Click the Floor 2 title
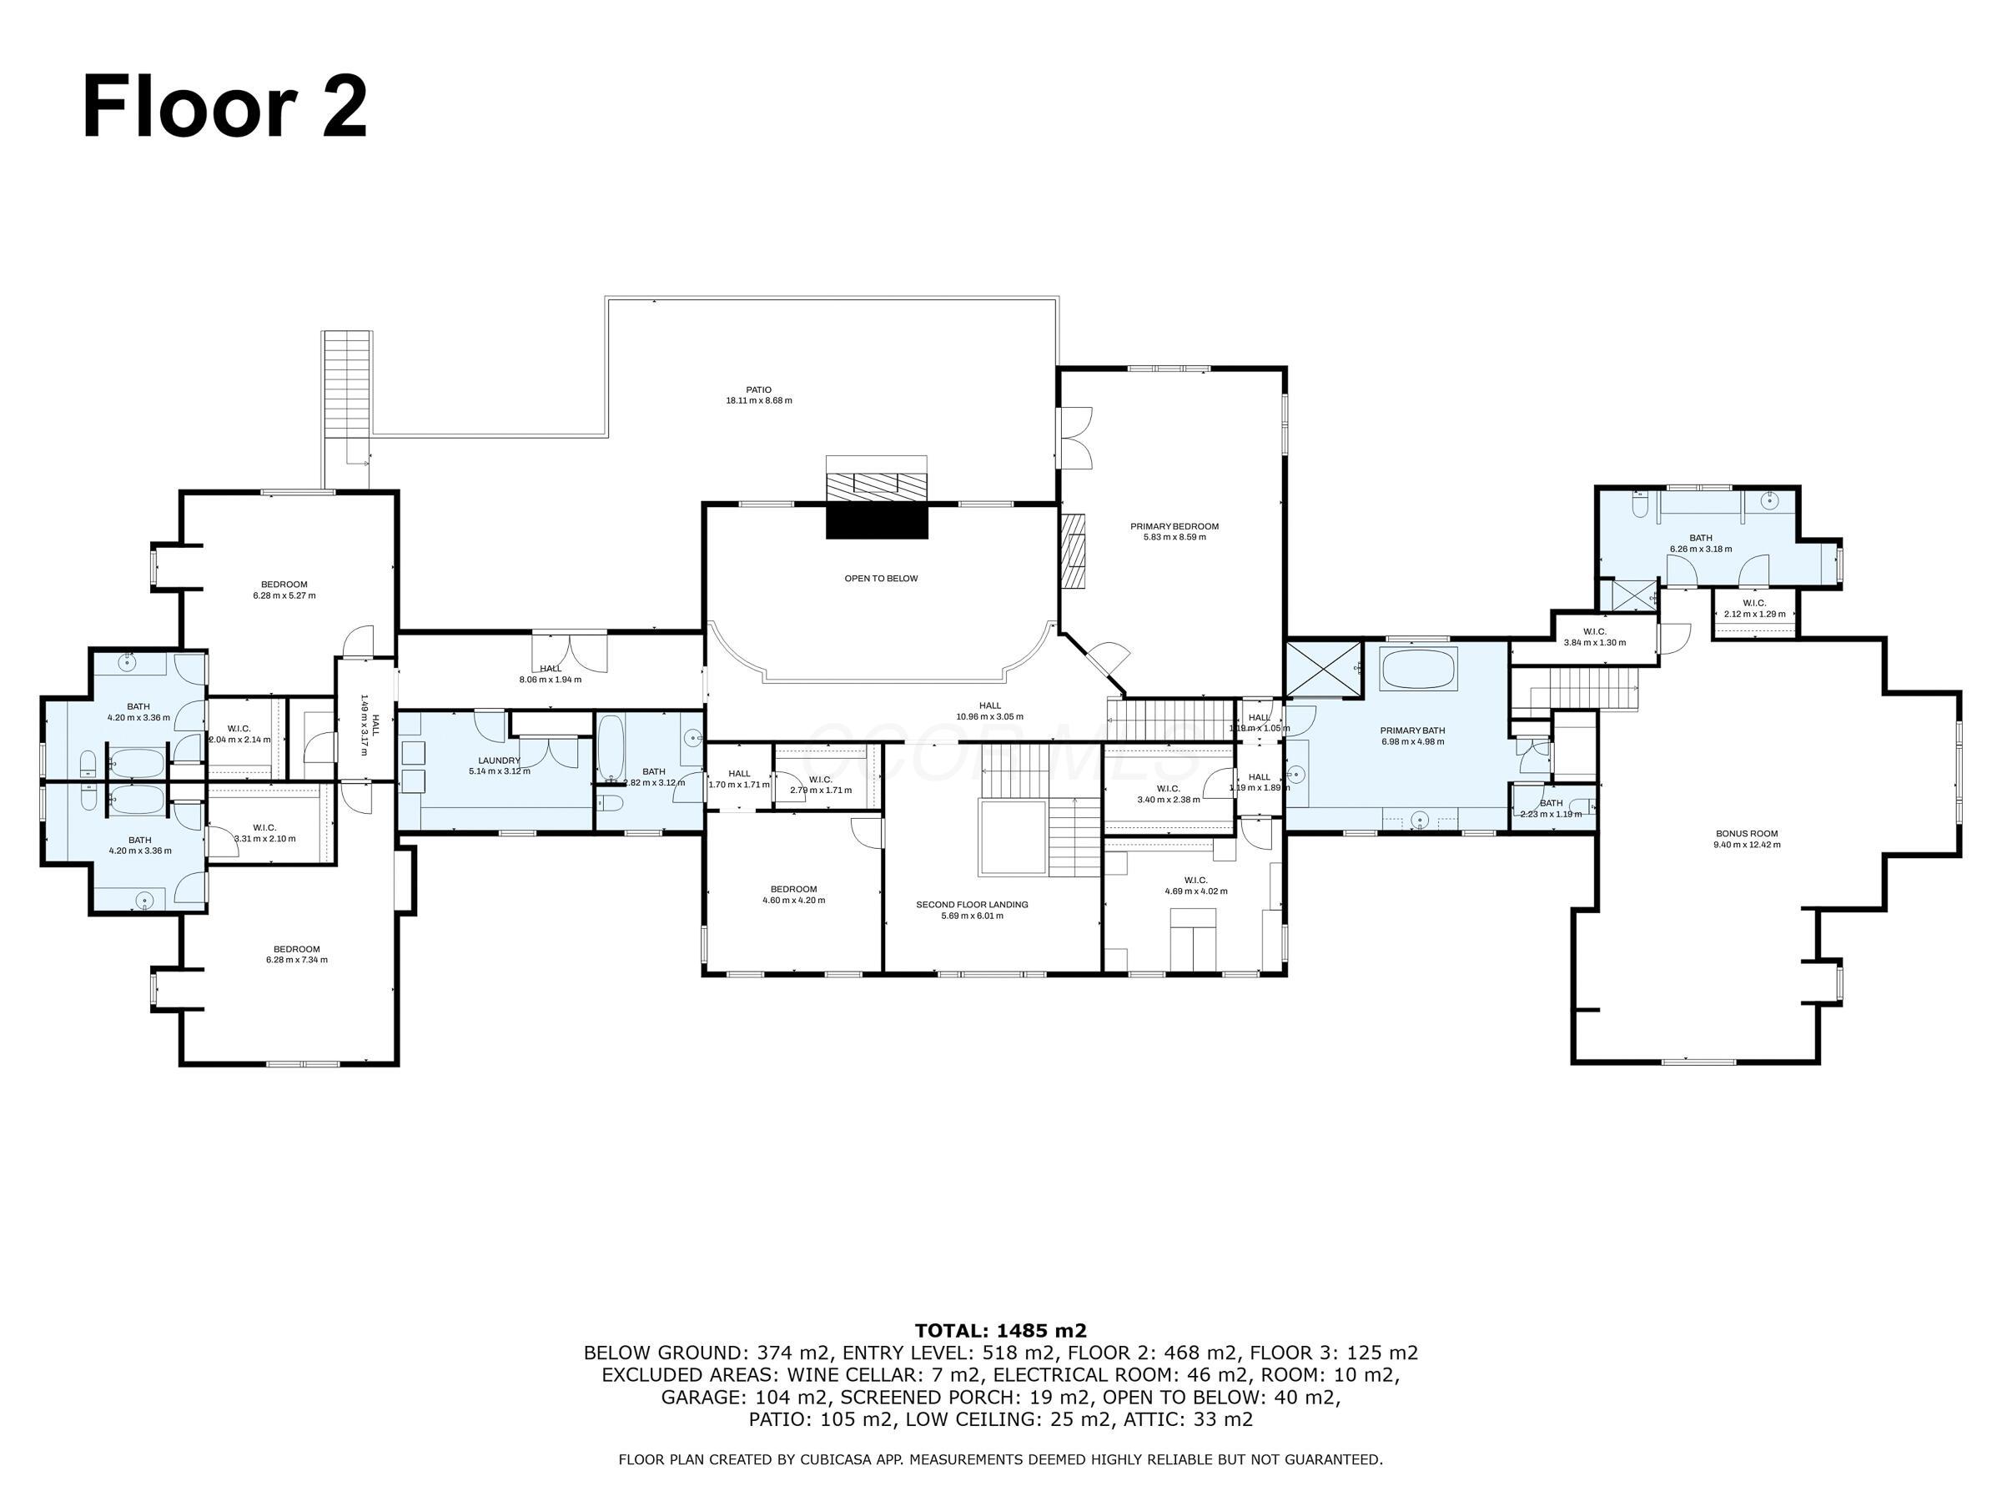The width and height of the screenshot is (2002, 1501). pyautogui.click(x=224, y=108)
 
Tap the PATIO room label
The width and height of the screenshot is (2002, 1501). pyautogui.click(x=758, y=390)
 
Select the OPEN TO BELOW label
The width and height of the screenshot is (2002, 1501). pyautogui.click(x=881, y=578)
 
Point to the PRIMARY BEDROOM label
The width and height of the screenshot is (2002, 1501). pyautogui.click(x=1174, y=525)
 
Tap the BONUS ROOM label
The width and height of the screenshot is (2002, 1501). pyautogui.click(x=1746, y=833)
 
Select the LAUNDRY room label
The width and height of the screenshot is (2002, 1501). pyautogui.click(x=499, y=760)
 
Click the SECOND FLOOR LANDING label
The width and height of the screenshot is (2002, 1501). pyautogui.click(x=971, y=904)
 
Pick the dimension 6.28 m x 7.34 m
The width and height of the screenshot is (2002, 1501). pyautogui.click(x=296, y=960)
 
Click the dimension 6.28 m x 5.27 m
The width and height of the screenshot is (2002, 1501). pyautogui.click(x=284, y=595)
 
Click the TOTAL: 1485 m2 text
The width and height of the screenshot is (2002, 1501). pyautogui.click(x=1000, y=1330)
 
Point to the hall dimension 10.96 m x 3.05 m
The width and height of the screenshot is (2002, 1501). pyautogui.click(x=989, y=716)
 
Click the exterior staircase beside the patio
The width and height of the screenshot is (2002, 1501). pyautogui.click(x=347, y=384)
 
